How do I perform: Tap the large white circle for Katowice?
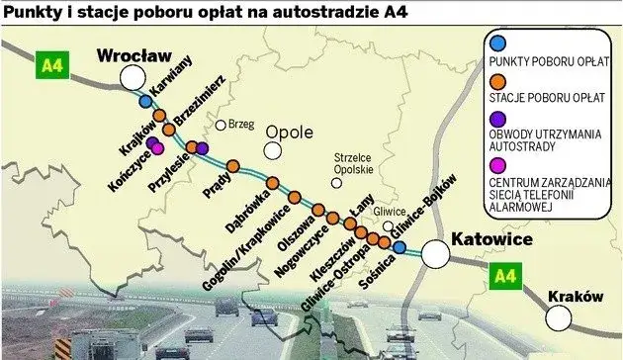tap(435, 254)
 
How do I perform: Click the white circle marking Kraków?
tap(560, 316)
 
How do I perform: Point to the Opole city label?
tap(289, 132)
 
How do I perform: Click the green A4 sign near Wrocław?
tap(50, 66)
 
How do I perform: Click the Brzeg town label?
tap(241, 125)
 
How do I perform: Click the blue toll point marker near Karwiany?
tap(145, 101)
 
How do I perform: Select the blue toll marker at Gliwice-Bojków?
tap(398, 248)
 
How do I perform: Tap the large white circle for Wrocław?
tap(132, 77)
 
